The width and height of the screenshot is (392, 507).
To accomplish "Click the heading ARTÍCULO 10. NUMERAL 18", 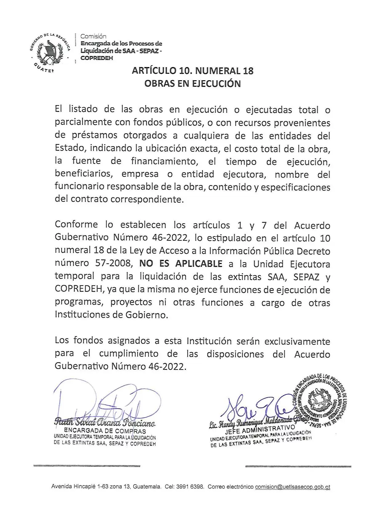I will click(x=192, y=71).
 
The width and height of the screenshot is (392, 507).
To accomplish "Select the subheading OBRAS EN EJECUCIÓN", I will click(x=192, y=84).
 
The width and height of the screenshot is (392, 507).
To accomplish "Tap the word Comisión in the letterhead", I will click(x=93, y=37).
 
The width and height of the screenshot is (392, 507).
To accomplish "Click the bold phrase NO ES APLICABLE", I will click(x=180, y=264).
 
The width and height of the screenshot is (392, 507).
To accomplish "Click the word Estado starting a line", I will click(x=70, y=148).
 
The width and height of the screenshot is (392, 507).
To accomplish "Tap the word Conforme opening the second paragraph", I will click(x=76, y=225).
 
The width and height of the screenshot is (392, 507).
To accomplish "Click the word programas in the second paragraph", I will click(x=78, y=302).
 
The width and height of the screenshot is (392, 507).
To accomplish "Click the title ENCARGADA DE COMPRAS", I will click(x=105, y=431).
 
